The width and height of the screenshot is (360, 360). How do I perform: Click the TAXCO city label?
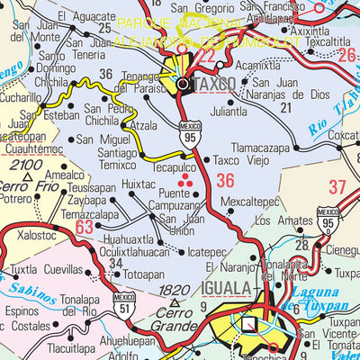point(214,83)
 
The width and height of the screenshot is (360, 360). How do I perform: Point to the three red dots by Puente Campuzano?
point(186,182)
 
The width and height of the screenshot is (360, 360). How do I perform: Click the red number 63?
point(84,228)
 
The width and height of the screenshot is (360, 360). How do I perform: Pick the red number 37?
point(337,187)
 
